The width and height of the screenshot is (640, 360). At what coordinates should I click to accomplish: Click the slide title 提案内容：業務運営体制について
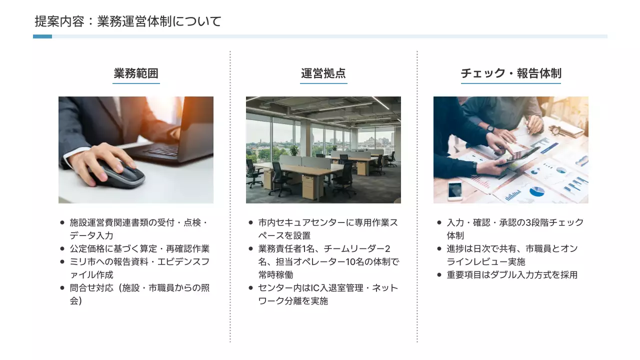pyautogui.click(x=128, y=21)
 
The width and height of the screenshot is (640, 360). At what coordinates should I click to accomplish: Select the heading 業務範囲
pyautogui.click(x=136, y=73)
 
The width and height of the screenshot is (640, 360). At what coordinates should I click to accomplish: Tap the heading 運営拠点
pyautogui.click(x=323, y=73)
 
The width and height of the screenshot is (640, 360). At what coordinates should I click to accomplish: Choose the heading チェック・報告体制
pyautogui.click(x=510, y=73)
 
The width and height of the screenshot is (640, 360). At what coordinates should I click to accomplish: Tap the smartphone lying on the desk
pyautogui.click(x=454, y=190)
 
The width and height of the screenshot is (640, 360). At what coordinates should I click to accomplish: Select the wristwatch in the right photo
pyautogui.click(x=490, y=128)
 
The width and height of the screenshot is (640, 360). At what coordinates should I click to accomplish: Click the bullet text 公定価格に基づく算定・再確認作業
pyautogui.click(x=139, y=248)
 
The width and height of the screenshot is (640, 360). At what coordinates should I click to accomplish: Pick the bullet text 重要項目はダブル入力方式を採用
pyautogui.click(x=512, y=274)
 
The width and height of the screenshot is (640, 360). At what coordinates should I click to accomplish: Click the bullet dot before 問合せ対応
pyautogui.click(x=62, y=287)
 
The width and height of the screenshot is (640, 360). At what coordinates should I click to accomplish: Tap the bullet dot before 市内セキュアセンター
pyautogui.click(x=250, y=222)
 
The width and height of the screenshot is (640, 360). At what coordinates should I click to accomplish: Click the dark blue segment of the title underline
pyautogui.click(x=42, y=36)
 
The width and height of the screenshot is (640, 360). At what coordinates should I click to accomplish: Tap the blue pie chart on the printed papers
pyautogui.click(x=536, y=191)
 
